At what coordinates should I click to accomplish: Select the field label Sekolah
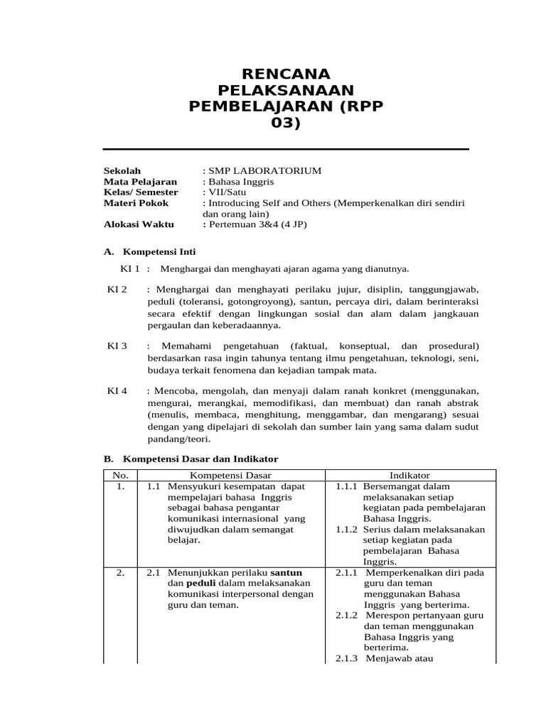click(122, 171)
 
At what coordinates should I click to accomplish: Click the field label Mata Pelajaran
click(139, 182)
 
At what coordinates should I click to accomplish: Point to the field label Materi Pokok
click(136, 203)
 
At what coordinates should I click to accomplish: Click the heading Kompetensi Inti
click(159, 251)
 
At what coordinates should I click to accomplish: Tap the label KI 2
click(117, 290)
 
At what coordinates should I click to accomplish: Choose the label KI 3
click(117, 345)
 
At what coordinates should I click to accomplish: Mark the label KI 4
click(117, 390)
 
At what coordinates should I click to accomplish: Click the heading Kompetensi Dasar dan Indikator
click(200, 459)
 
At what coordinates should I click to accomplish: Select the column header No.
click(120, 475)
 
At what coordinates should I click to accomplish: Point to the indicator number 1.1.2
click(346, 529)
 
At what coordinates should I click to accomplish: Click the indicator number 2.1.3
click(348, 658)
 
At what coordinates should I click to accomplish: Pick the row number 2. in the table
click(120, 572)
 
